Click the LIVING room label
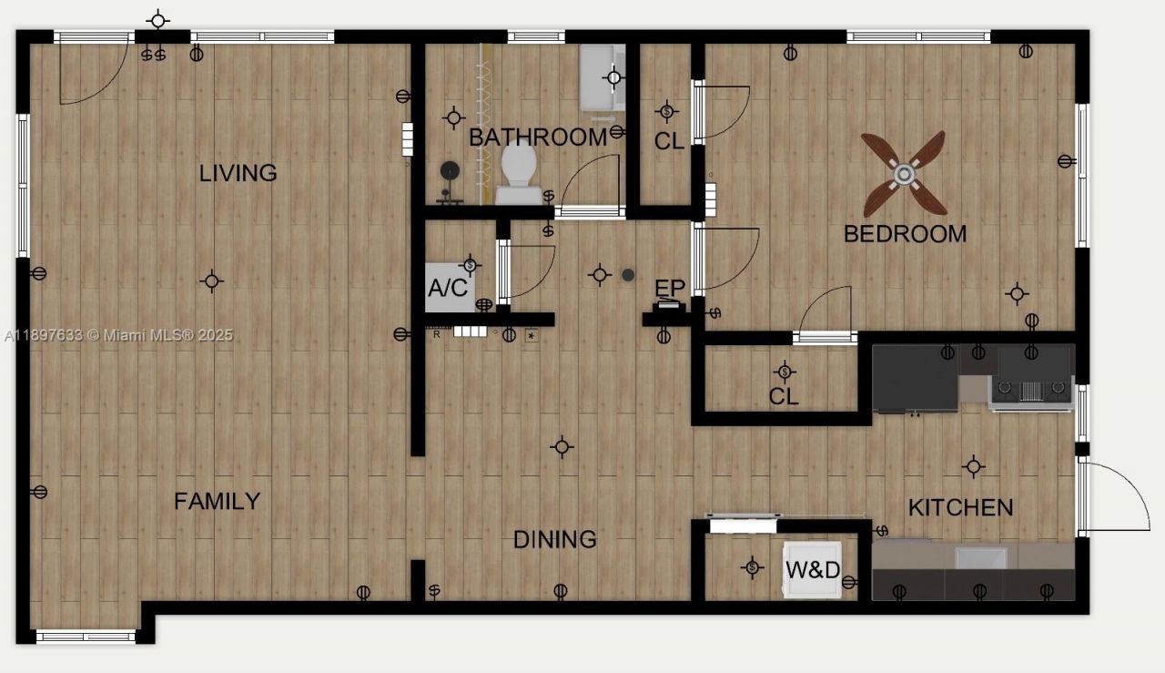coord(238,173)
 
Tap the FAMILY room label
coord(218,502)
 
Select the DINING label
coord(555,539)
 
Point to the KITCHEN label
coord(960,507)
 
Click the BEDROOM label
coord(905,234)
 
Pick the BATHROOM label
coord(537,138)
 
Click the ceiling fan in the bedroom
coord(904,173)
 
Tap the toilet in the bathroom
coord(519,173)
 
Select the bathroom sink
coord(603,77)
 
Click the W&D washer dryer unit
coord(813,571)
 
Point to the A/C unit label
coord(448,289)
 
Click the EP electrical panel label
coord(670,290)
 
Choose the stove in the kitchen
coord(1031,377)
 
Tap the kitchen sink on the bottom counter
coord(980,556)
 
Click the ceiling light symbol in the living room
coord(211,281)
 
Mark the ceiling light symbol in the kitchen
coord(974,466)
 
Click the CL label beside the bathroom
coord(669,142)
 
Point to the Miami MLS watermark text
coord(117,335)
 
